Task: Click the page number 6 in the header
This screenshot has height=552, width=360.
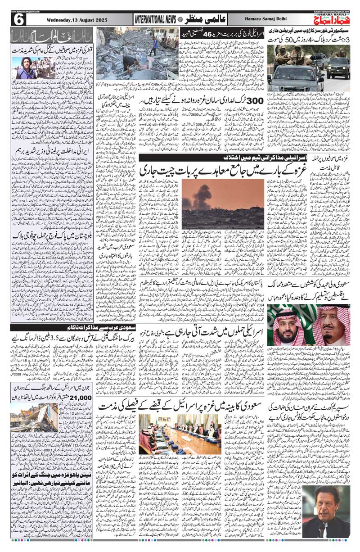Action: [19, 19]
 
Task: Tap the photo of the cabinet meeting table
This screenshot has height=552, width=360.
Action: [180, 435]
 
